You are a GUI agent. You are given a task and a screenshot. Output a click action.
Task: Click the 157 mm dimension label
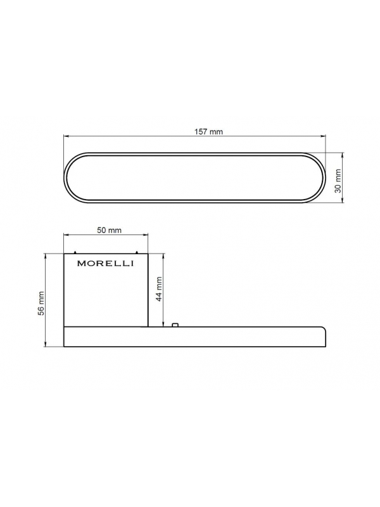click(x=208, y=132)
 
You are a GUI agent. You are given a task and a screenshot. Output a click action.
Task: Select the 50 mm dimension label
click(x=109, y=230)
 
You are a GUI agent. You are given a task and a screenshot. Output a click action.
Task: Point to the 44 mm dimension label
click(x=159, y=289)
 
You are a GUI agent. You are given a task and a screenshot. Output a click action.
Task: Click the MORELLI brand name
click(x=105, y=264)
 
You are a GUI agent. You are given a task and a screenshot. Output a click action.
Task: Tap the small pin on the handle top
click(x=175, y=324)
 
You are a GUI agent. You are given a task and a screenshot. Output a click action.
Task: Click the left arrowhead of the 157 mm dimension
click(x=66, y=137)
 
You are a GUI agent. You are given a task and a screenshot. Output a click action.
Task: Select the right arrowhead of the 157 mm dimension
click(x=323, y=137)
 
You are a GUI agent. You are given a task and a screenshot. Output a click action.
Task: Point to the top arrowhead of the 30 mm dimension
click(x=343, y=155)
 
